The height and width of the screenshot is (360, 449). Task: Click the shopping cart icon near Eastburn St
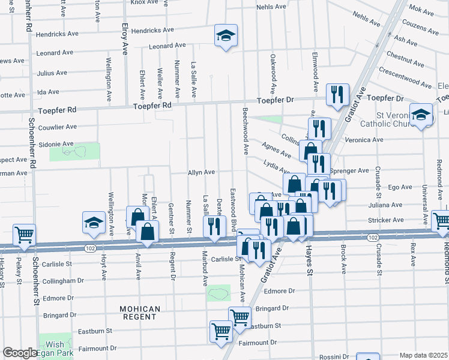240,317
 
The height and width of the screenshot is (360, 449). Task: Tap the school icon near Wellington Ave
94,223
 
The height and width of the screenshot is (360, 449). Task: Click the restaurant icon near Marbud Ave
214,226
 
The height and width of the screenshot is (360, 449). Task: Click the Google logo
20,353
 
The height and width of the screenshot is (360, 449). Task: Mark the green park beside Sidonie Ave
75,152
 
